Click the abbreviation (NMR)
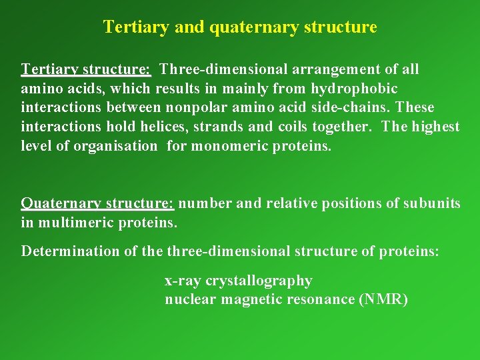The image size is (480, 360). [383, 299]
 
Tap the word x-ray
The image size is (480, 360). [183, 281]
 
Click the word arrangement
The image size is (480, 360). [341, 69]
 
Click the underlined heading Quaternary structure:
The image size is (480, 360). [97, 203]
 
